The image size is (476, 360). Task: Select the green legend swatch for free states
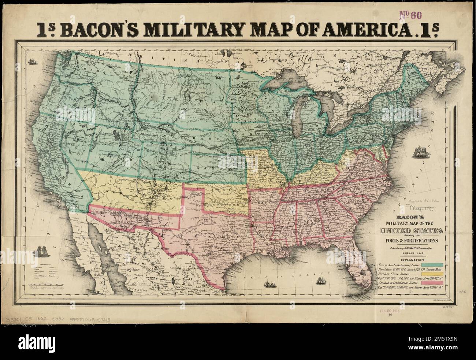433,264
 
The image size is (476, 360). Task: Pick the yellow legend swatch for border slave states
433,274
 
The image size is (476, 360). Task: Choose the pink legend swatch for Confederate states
433,283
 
